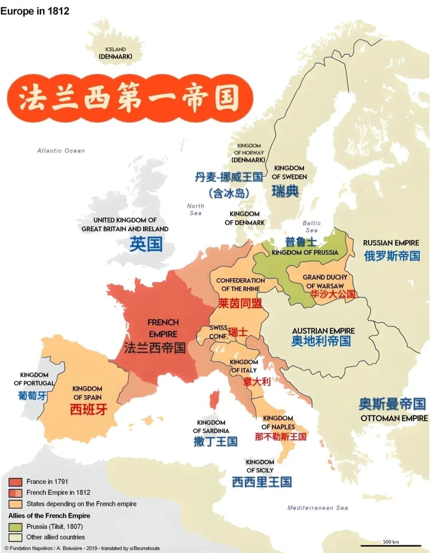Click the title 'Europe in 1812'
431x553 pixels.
[x=35, y=11]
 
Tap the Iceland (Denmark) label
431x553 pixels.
[x=115, y=53]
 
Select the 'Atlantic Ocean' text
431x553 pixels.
[x=61, y=151]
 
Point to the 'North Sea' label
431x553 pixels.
[x=196, y=209]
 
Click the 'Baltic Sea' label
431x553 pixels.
[x=312, y=227]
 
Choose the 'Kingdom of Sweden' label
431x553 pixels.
[x=289, y=173]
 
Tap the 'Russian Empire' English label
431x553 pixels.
[x=391, y=243]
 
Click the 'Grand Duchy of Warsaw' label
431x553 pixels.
[x=325, y=281]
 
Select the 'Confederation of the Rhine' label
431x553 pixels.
[x=240, y=284]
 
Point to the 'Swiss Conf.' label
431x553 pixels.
[x=218, y=332]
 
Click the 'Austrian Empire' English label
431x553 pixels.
[x=323, y=331]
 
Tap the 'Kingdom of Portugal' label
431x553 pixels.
[x=34, y=379]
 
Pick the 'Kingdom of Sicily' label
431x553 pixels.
[x=260, y=466]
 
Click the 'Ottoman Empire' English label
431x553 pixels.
[x=394, y=418]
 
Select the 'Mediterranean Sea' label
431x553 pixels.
[x=318, y=508]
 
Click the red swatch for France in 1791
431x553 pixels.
[x=15, y=482]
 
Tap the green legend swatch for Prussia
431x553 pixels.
[x=15, y=527]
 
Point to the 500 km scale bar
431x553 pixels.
[x=391, y=545]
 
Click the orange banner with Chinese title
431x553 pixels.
[x=130, y=98]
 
